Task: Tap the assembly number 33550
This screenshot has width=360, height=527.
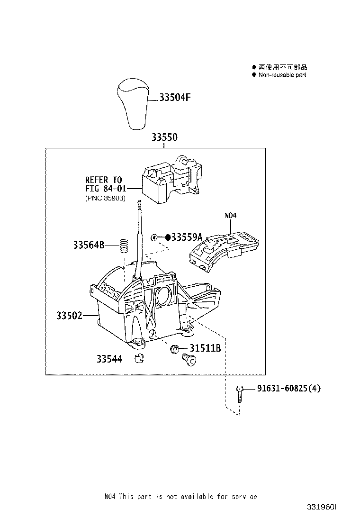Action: pos(164,137)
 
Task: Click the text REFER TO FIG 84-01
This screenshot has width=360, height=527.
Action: pos(104,184)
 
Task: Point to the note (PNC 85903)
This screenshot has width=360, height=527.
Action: pos(105,198)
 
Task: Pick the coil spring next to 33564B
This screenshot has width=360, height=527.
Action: pos(125,245)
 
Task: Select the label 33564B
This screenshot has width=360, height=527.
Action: pos(89,245)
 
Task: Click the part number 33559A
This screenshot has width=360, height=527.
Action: pos(187,237)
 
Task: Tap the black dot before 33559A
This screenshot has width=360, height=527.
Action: pos(168,237)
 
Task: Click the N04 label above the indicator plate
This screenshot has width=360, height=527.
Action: pos(230,216)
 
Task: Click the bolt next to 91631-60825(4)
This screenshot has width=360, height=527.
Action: pos(240,393)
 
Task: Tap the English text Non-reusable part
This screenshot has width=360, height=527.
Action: pos(282,75)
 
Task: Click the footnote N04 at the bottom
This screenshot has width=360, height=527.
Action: pos(110,496)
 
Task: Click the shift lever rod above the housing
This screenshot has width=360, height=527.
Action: pos(140,237)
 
